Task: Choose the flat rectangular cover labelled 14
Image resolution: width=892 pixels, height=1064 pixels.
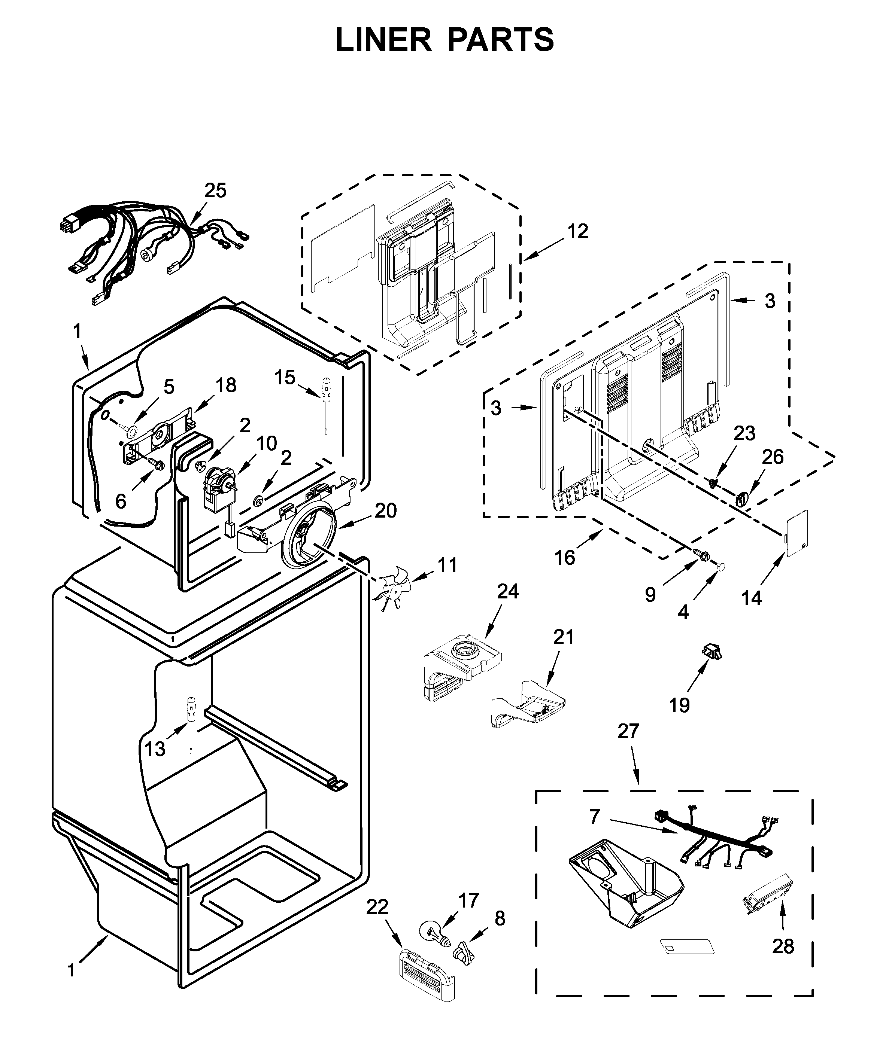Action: coord(796,534)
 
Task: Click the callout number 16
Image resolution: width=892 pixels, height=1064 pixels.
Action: coord(564,558)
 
